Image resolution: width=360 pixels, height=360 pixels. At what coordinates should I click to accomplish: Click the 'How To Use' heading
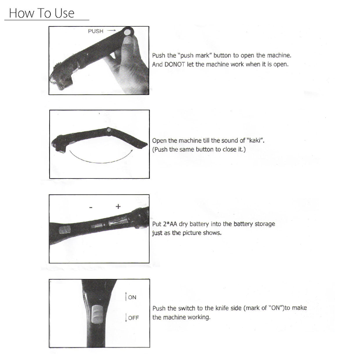pos(41,13)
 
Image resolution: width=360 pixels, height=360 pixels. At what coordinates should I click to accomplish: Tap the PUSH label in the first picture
pos(95,31)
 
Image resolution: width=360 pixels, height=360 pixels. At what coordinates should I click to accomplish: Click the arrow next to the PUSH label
pos(112,30)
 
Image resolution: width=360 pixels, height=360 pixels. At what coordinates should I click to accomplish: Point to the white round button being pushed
pos(127,32)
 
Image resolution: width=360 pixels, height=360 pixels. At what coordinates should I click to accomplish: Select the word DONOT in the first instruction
pos(175,64)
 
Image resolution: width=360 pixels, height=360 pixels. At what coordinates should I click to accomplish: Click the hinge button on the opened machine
pos(109,130)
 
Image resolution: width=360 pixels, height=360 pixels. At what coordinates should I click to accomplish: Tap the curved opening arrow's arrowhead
pos(131,151)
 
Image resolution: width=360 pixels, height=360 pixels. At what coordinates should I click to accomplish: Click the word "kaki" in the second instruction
pos(255,140)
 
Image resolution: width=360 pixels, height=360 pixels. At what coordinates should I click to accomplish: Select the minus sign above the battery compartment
pos(91,207)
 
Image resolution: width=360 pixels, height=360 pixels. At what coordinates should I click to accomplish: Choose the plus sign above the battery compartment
pos(118,207)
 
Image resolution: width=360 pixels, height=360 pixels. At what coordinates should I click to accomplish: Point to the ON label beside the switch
pos(132,297)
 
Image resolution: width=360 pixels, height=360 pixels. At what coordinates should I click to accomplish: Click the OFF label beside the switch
pos(133,318)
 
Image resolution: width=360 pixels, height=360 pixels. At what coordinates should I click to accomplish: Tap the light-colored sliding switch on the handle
pos(97,314)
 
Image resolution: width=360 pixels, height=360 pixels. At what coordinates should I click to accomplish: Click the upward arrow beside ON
pos(126,296)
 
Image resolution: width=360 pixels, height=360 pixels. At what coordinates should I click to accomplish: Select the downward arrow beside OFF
pos(126,317)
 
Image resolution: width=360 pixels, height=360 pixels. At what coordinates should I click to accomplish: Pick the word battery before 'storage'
pos(233,224)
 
